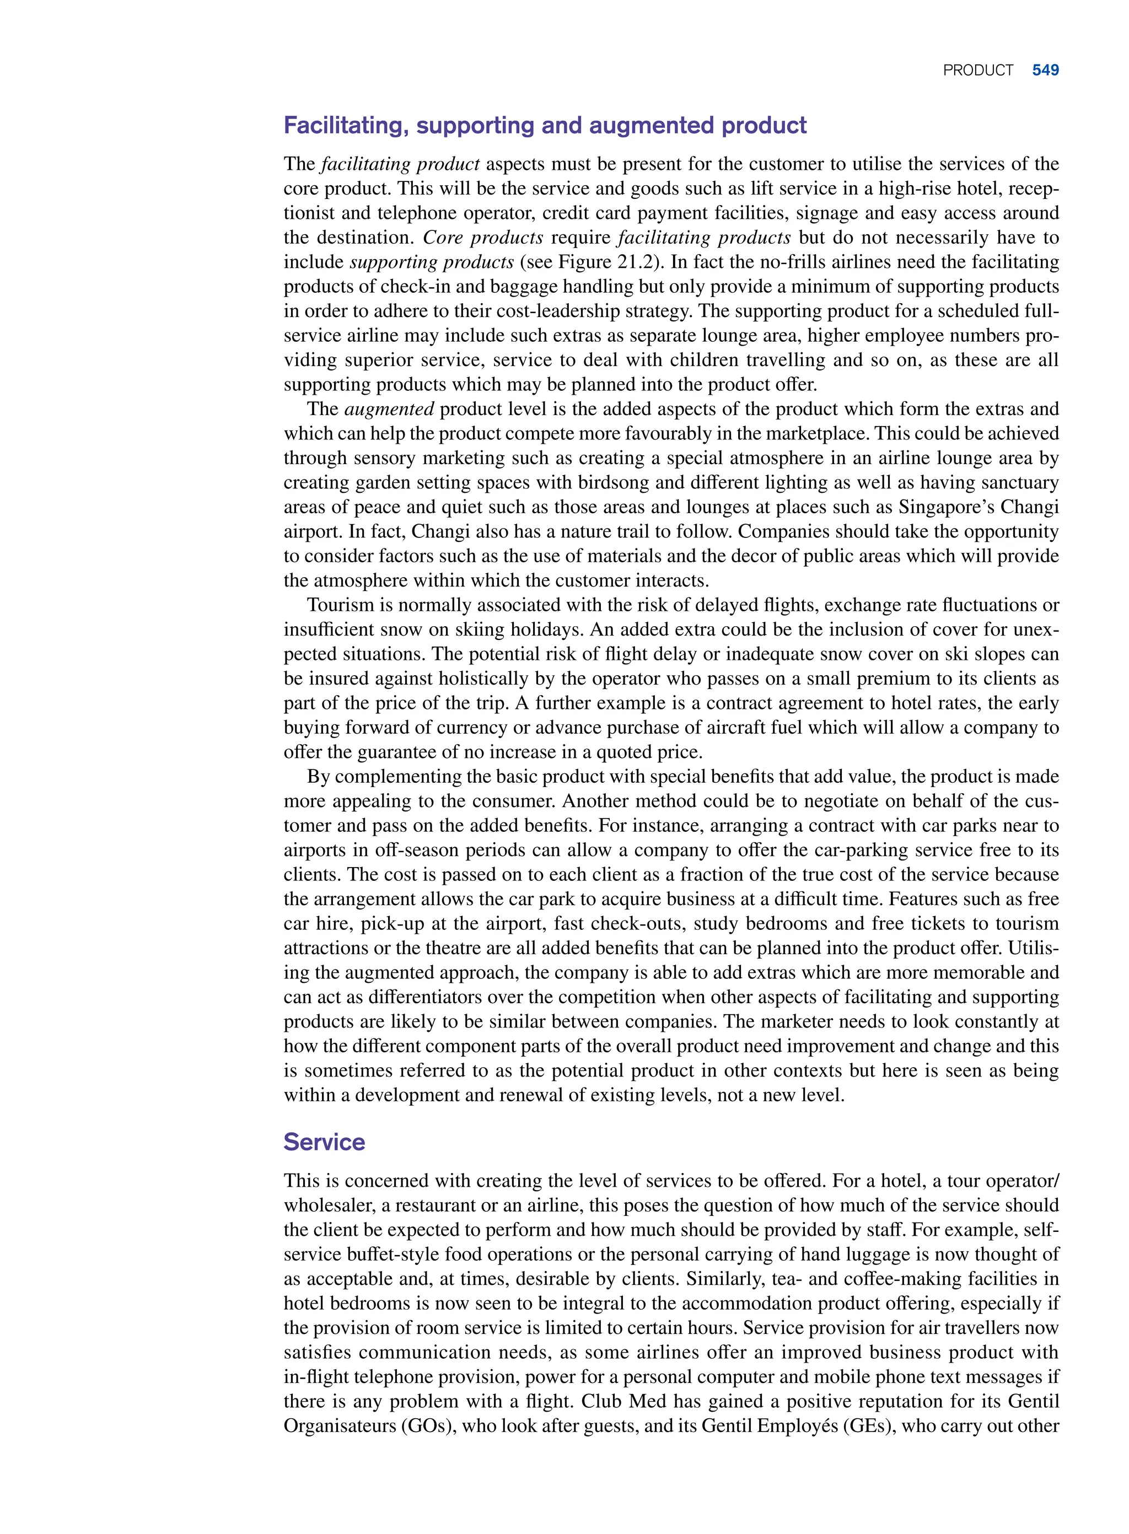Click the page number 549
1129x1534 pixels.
(x=1045, y=71)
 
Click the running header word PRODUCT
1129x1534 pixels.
(x=978, y=71)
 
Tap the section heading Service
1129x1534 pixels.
(x=324, y=1142)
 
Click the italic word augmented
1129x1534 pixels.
(x=389, y=410)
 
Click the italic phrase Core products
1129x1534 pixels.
(x=483, y=238)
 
